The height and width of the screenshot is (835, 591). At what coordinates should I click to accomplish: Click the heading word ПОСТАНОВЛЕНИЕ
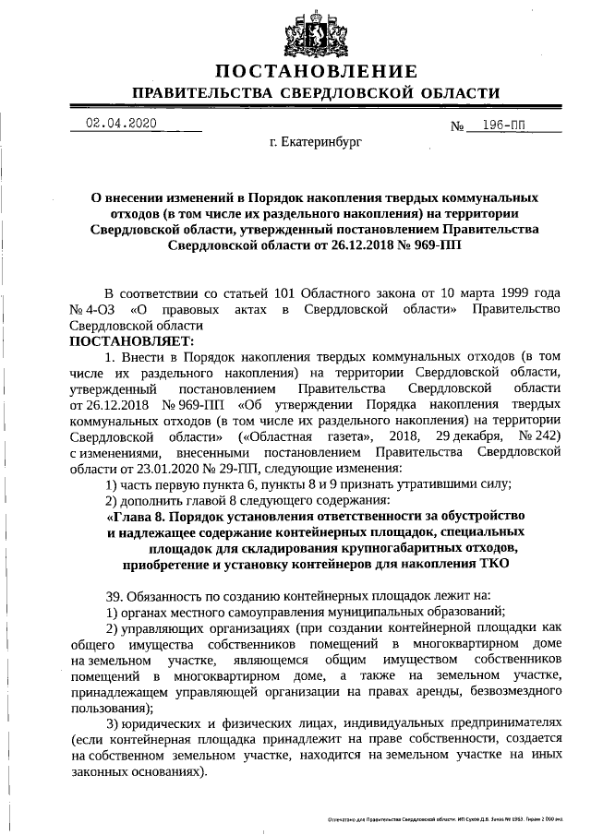(x=316, y=72)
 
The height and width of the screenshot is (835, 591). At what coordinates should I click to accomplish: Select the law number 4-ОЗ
(x=102, y=308)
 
